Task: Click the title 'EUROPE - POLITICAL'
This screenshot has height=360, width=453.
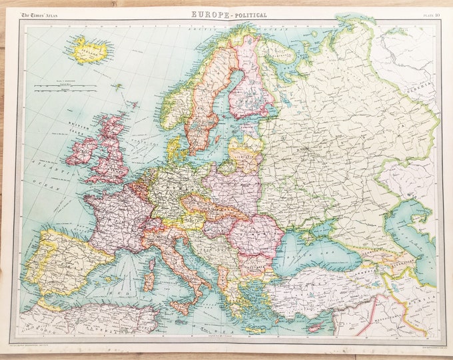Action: pos(229,14)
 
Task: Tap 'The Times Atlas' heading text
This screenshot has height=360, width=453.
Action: pos(43,14)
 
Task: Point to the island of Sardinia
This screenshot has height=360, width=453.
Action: pos(149,280)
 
